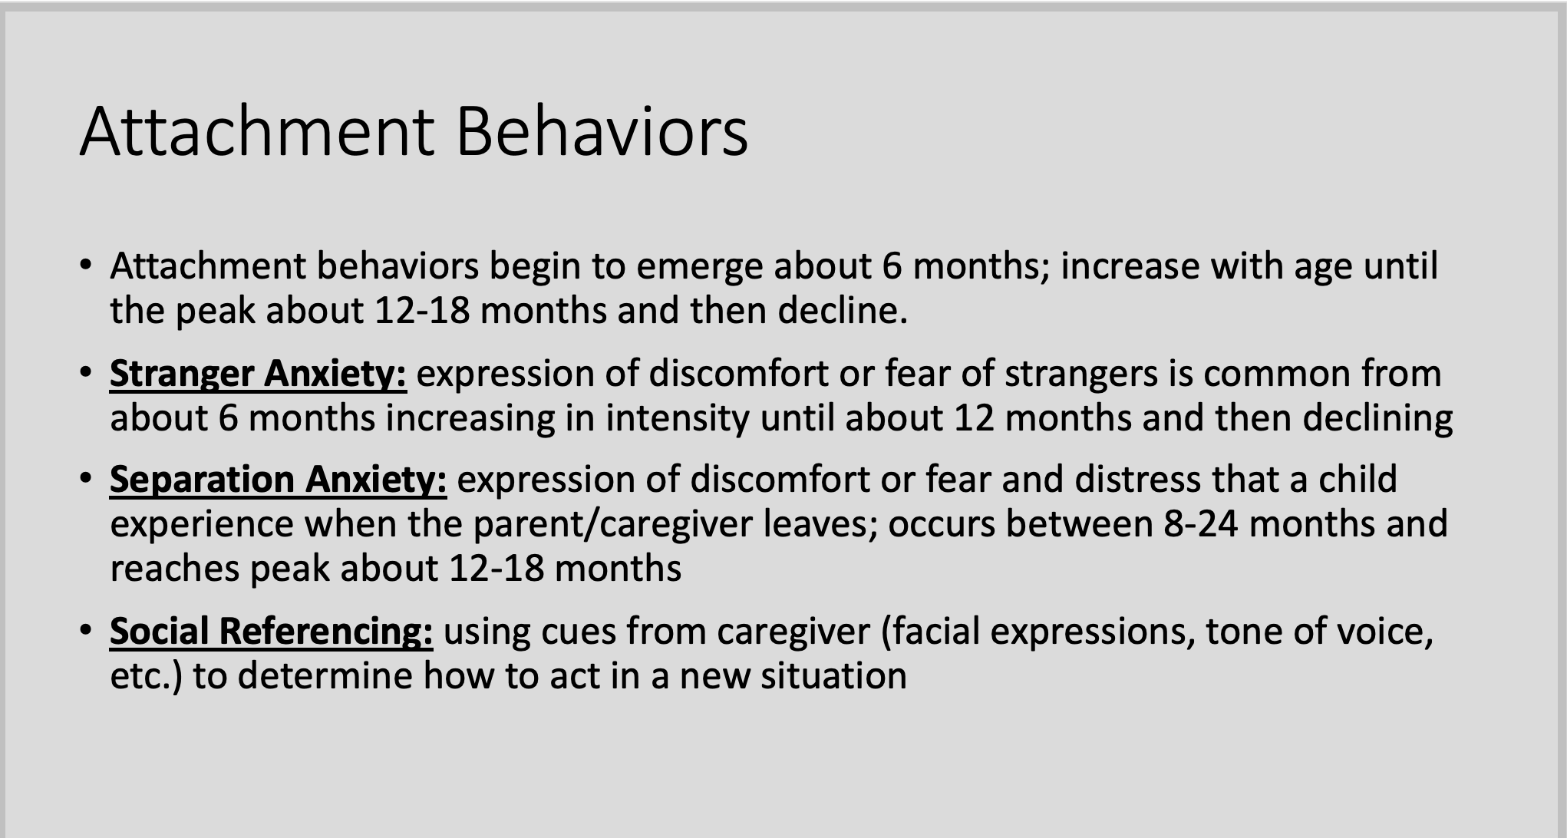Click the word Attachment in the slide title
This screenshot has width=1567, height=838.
[256, 132]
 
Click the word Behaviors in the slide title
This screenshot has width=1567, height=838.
[602, 132]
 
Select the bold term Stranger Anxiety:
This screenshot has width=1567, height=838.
[258, 374]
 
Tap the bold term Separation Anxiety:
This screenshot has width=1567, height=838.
[278, 480]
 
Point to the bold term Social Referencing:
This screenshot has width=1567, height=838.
[271, 632]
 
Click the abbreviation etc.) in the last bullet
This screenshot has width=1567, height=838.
[146, 676]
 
